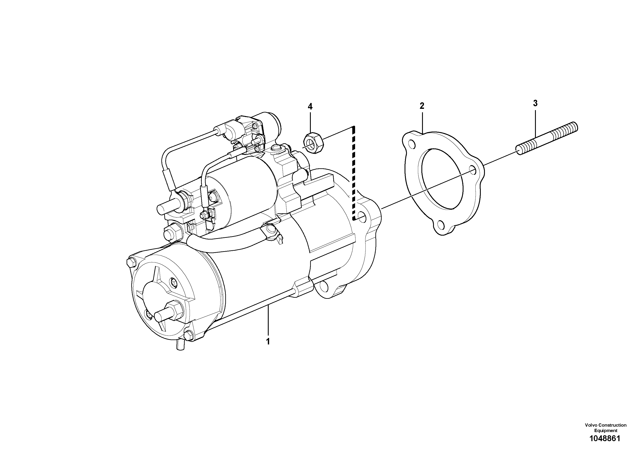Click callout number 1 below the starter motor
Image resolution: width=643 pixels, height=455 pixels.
(x=268, y=342)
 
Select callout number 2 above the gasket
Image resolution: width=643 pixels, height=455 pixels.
(x=422, y=106)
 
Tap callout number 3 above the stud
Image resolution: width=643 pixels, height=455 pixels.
(x=535, y=103)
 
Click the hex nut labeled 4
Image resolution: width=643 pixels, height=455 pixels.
(x=314, y=143)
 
